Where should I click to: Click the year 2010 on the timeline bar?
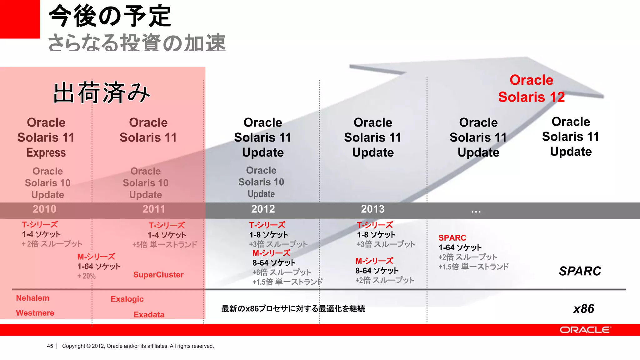click(x=44, y=209)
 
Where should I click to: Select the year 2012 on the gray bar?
click(x=263, y=209)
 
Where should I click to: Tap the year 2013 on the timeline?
click(x=373, y=209)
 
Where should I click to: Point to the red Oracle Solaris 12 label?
click(x=531, y=88)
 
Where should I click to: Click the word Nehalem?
click(x=32, y=298)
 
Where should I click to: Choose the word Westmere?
click(x=35, y=313)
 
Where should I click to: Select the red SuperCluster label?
click(x=158, y=275)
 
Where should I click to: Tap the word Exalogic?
click(x=127, y=299)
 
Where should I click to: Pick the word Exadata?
click(x=149, y=314)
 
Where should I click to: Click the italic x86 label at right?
click(x=583, y=309)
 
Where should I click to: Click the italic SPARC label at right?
click(x=580, y=271)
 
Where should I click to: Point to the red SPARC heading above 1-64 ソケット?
click(x=452, y=238)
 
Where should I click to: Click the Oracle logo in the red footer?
click(x=585, y=330)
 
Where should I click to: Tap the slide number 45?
click(x=50, y=346)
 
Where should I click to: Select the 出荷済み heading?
click(x=102, y=93)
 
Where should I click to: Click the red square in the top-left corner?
click(x=20, y=19)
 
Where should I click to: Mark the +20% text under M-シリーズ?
click(x=87, y=276)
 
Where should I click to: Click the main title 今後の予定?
click(x=110, y=16)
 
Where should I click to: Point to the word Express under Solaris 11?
click(x=46, y=152)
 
